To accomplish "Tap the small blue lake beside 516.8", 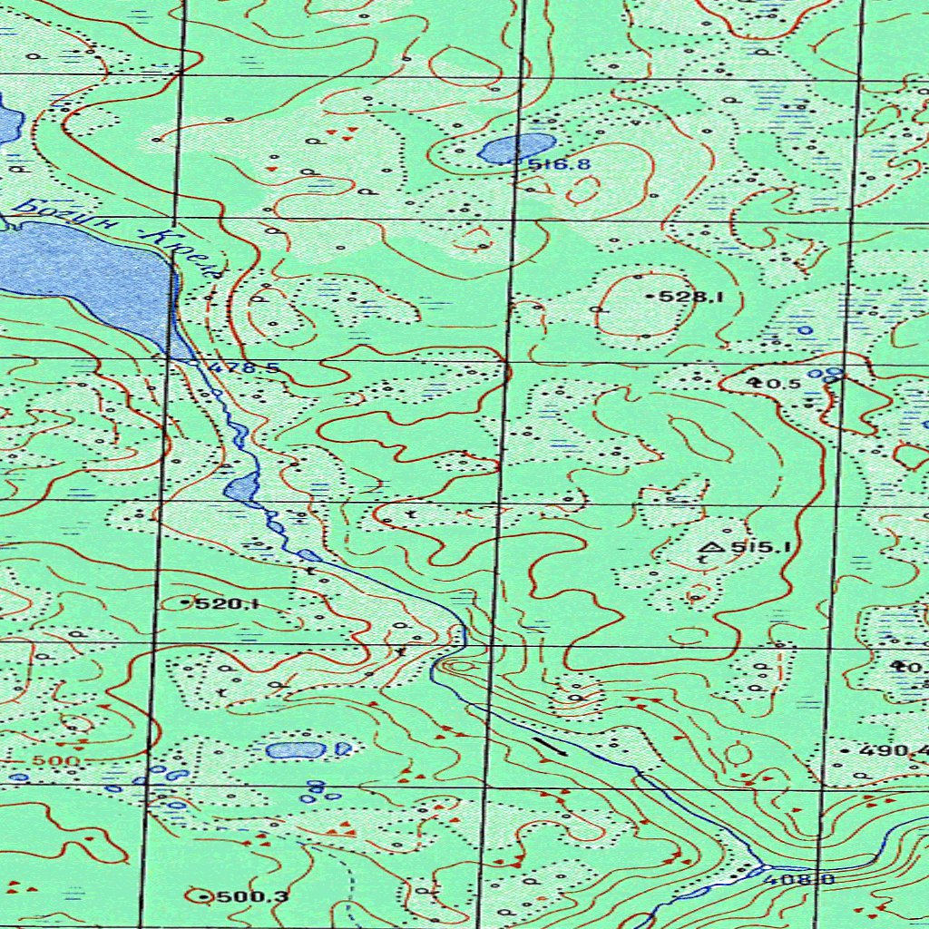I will [516, 147].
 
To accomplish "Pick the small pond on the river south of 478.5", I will [241, 489].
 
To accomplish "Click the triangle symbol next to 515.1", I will [710, 546].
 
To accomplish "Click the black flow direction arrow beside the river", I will [550, 746].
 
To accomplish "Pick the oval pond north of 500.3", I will [295, 750].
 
